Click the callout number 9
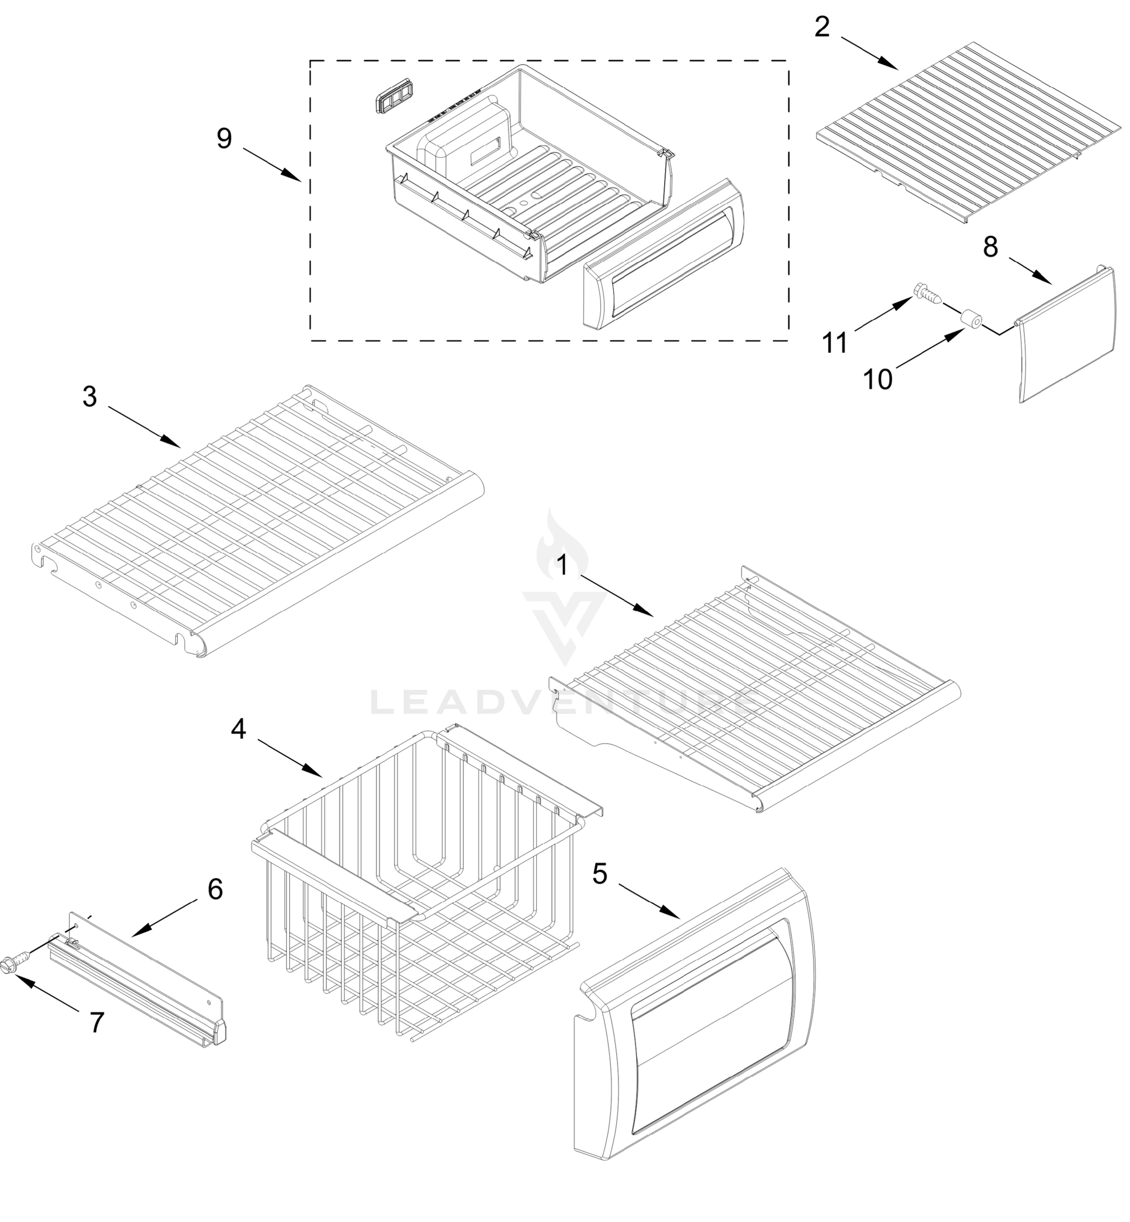pyautogui.click(x=225, y=139)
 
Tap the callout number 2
pyautogui.click(x=822, y=27)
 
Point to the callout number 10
pyautogui.click(x=877, y=380)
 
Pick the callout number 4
pyautogui.click(x=238, y=728)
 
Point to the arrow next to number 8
pyautogui.click(x=1030, y=271)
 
